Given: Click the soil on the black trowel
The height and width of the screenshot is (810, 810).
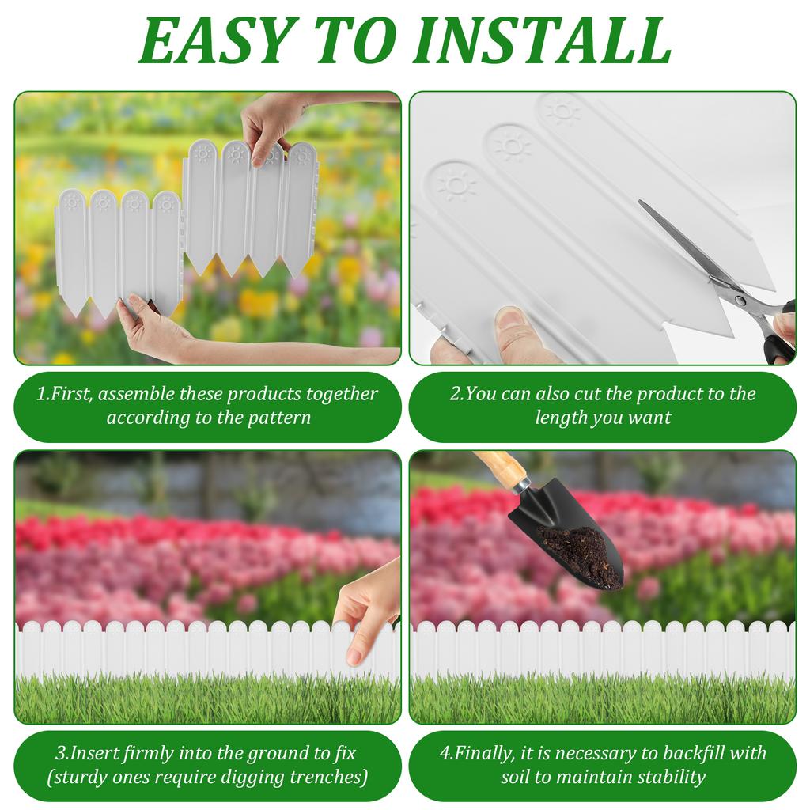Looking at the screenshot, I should click(x=581, y=554).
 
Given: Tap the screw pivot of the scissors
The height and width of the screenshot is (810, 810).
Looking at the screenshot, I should click(x=740, y=299).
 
